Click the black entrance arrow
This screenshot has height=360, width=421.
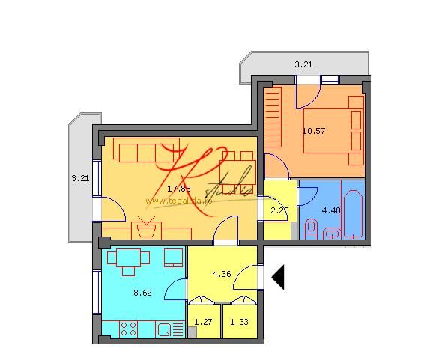point(278,277)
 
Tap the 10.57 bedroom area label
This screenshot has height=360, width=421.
point(312,130)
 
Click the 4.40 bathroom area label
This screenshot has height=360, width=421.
point(330,210)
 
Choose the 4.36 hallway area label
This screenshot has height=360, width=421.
point(222,274)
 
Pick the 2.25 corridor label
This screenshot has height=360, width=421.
point(279,210)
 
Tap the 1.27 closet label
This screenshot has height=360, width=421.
point(203,323)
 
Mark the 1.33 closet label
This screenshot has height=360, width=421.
point(239,323)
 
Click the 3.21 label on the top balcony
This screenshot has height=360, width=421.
point(303,65)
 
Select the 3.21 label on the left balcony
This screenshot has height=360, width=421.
point(79,178)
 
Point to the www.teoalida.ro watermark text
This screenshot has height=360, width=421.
point(179,200)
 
